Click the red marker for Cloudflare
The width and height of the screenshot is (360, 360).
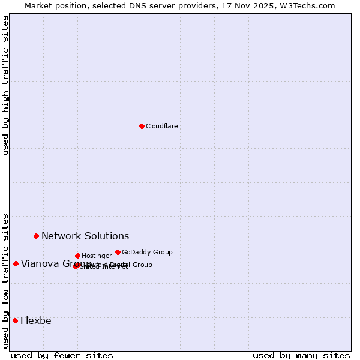tap(142, 126)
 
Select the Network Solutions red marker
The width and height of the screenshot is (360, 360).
tap(36, 236)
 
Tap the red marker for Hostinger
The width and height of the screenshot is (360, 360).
tap(77, 256)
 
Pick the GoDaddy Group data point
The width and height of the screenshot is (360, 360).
tap(118, 252)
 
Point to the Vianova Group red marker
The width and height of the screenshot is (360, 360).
tap(16, 263)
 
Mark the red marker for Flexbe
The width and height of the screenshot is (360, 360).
tap(15, 320)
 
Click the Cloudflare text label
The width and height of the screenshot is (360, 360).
tap(161, 126)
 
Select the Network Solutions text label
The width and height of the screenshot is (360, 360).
tap(85, 236)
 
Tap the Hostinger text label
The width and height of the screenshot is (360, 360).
tap(97, 256)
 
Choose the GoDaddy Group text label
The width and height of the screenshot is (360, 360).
tap(147, 252)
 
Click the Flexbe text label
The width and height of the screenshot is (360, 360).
tap(36, 320)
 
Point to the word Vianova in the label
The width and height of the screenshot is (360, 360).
tap(40, 263)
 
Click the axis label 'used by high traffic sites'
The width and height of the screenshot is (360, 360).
tap(6, 85)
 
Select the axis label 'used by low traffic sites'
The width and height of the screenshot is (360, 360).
tap(6, 280)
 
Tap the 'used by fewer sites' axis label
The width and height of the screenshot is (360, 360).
tap(62, 355)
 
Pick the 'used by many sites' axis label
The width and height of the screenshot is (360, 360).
tap(301, 355)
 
